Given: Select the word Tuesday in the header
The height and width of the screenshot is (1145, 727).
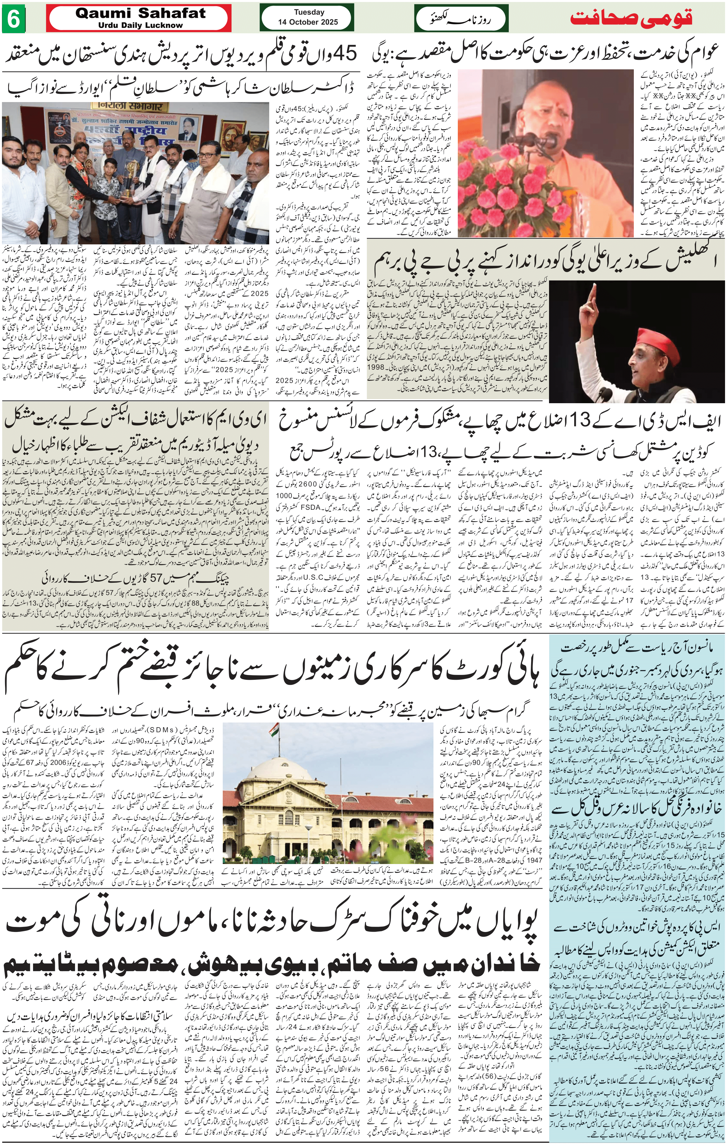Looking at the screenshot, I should (309, 12).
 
